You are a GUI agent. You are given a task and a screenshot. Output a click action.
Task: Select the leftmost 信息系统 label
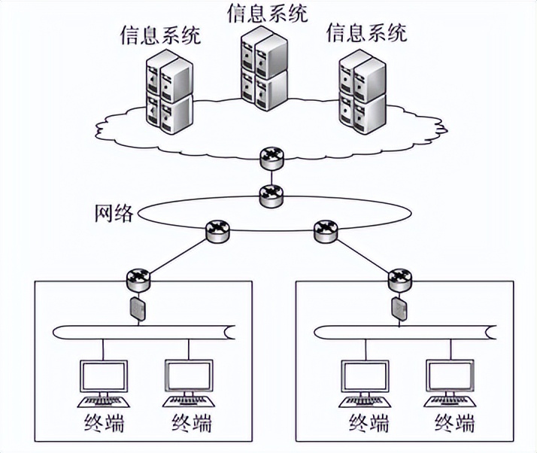(x=160, y=35)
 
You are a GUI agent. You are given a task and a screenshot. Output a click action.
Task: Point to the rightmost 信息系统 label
(x=367, y=32)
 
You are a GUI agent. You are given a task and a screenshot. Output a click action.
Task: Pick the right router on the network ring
(x=325, y=230)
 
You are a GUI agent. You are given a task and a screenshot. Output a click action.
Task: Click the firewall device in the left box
(x=139, y=309)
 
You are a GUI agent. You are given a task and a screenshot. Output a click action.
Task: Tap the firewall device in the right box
(x=398, y=309)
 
